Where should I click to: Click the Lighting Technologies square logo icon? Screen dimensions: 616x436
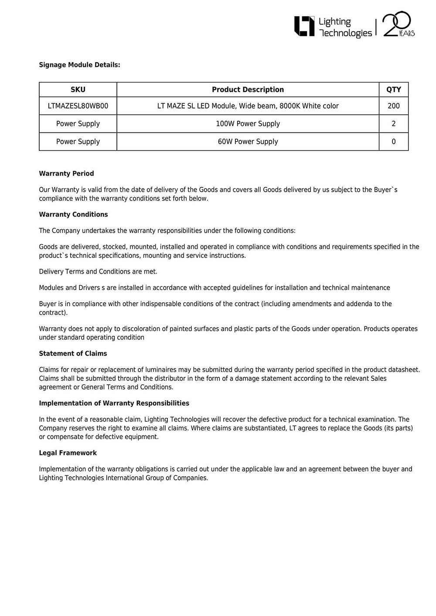click(x=304, y=26)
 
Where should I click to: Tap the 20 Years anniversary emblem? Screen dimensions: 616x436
click(x=398, y=24)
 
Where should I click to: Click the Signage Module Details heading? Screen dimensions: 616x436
click(x=79, y=65)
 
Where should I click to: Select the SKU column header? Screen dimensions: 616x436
click(x=78, y=90)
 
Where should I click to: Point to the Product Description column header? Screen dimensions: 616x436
click(x=248, y=90)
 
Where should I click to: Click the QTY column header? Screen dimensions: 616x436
click(x=393, y=90)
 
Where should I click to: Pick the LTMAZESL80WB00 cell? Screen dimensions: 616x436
click(x=78, y=106)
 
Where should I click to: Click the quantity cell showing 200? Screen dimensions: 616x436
click(x=393, y=106)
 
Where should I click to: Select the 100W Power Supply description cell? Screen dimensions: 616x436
click(x=248, y=124)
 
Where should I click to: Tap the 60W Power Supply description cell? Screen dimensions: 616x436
click(x=248, y=142)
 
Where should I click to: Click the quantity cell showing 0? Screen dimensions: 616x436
click(x=393, y=142)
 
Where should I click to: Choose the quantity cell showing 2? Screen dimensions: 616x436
click(x=393, y=124)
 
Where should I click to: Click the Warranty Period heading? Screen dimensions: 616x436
click(x=66, y=173)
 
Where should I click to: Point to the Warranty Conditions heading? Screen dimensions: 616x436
click(x=73, y=214)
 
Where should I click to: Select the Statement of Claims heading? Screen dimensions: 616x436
click(x=73, y=353)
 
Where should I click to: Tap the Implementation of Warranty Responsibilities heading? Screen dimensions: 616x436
click(x=114, y=403)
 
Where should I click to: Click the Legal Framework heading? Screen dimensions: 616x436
click(x=68, y=453)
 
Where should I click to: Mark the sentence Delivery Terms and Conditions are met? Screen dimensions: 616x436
click(x=98, y=271)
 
